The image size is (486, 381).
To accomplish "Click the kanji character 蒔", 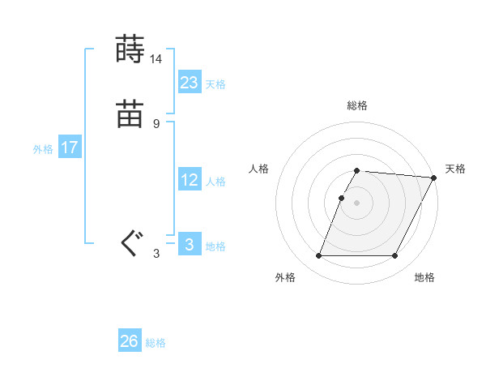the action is tap(130, 49).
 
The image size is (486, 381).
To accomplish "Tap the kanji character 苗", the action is tap(130, 114).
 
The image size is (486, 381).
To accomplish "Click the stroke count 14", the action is tap(156, 59).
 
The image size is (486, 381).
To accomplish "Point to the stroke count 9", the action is tap(156, 124).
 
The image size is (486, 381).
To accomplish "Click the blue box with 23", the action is tap(190, 83).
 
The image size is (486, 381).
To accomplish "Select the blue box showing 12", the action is tap(190, 180).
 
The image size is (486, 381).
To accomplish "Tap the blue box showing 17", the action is tap(70, 148).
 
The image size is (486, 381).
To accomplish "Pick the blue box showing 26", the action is tap(130, 341).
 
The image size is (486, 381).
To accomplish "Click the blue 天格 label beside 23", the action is tap(215, 84).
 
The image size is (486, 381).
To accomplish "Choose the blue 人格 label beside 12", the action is tap(215, 182).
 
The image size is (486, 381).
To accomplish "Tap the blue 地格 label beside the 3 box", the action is tap(215, 246).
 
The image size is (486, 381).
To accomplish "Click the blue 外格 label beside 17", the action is tap(43, 149).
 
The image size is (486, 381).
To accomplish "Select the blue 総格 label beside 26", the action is tap(156, 343).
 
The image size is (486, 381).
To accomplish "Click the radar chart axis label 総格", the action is tap(357, 105).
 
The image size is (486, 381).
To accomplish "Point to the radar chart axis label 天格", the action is tap(455, 169).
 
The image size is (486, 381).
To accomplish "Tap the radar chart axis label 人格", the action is tap(259, 169).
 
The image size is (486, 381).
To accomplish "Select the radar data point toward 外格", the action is tap(319, 256).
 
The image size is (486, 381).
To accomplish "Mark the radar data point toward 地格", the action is tap(395, 256).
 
